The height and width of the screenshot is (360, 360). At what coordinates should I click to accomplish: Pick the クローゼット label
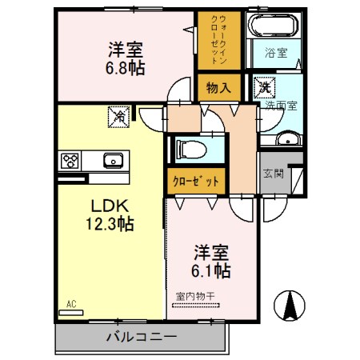[196, 181]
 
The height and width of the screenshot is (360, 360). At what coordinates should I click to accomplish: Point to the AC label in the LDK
[70, 303]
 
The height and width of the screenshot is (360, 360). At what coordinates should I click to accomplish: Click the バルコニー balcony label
[141, 337]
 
